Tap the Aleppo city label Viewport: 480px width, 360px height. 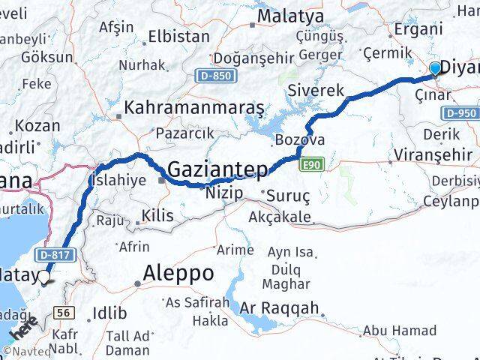[181, 272]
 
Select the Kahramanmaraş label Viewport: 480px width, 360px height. [194, 108]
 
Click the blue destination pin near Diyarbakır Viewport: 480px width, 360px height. [436, 69]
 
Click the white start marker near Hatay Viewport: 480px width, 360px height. [44, 278]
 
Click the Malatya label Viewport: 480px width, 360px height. [290, 16]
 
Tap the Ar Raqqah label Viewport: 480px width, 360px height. [280, 308]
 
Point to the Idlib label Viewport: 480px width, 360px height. [109, 313]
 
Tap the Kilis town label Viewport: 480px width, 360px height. [157, 216]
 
